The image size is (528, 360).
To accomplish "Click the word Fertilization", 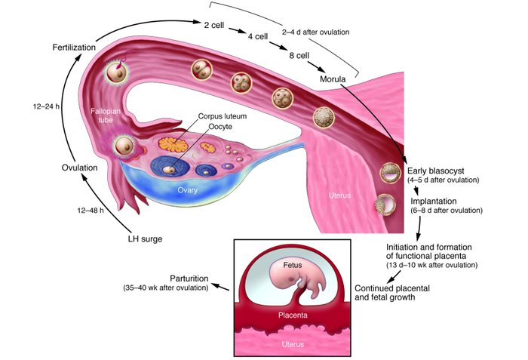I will (73, 48).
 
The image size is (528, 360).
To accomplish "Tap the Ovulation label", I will (79, 168).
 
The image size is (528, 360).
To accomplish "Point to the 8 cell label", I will (299, 55).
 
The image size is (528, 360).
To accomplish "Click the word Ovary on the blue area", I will (187, 190).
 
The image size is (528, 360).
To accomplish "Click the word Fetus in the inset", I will (292, 266).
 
